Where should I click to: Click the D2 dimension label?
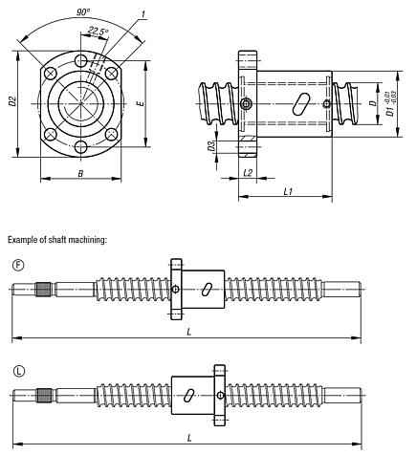click(11, 101)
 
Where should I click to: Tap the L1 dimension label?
click(288, 191)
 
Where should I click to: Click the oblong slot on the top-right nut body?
click(302, 102)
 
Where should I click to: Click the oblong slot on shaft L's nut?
click(192, 394)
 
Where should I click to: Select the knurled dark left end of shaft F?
click(43, 290)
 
